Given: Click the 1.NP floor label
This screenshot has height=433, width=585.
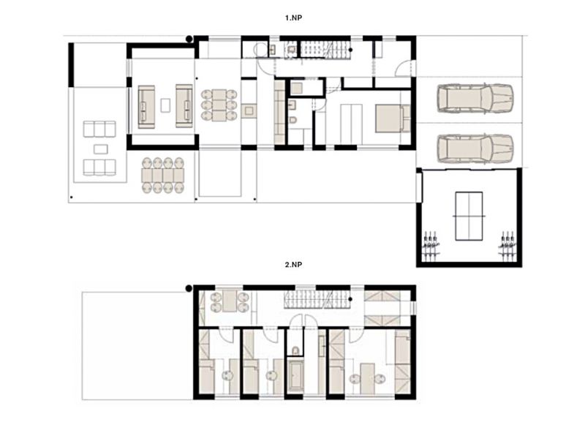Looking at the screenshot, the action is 294,18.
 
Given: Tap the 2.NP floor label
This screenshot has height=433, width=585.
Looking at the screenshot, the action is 294,265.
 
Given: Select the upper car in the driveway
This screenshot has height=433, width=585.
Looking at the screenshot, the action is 475,99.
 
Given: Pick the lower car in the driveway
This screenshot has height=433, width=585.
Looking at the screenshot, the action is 475,148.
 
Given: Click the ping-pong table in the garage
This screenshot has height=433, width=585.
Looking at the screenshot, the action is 469,216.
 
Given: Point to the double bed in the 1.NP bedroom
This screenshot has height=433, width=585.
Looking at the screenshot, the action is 393,118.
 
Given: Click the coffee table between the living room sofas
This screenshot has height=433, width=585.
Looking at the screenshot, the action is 165,105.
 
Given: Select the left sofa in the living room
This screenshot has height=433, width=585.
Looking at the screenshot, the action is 146,107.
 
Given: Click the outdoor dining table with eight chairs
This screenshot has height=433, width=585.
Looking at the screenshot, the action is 163,175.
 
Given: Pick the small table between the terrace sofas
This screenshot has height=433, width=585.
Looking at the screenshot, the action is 101,149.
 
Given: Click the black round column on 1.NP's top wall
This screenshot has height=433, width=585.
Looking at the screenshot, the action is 189,39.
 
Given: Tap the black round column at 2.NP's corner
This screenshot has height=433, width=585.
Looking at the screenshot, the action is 189,288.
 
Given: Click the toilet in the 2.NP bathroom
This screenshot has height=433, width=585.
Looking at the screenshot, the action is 295,350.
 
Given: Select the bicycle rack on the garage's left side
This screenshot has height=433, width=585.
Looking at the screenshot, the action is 431,245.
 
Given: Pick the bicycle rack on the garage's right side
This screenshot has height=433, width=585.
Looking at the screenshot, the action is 507,245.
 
